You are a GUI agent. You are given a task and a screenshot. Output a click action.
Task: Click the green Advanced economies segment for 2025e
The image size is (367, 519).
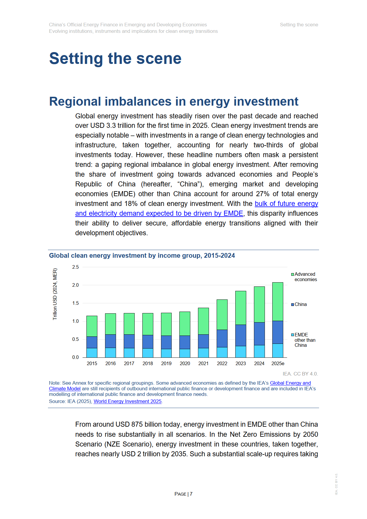pyautogui.click(x=278, y=302)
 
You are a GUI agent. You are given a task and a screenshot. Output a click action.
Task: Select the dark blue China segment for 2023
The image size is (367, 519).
pyautogui.click(x=241, y=335)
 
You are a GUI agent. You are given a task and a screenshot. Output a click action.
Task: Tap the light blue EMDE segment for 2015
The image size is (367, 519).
pyautogui.click(x=92, y=353)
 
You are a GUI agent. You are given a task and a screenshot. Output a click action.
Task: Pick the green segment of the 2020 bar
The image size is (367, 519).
pyautogui.click(x=185, y=323)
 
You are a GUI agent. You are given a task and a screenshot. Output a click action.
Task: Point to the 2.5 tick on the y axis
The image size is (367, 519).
pyautogui.click(x=75, y=267)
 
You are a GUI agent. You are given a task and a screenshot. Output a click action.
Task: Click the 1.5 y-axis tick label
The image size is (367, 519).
pyautogui.click(x=75, y=303)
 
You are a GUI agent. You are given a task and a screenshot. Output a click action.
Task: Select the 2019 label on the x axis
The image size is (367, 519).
pyautogui.click(x=166, y=363)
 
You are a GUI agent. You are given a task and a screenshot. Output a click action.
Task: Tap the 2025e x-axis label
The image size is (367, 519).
pyautogui.click(x=278, y=363)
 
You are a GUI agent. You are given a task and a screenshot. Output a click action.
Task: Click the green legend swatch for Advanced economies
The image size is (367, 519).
pyautogui.click(x=292, y=274)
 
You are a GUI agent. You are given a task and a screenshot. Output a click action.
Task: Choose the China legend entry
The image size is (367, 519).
pyautogui.click(x=299, y=304)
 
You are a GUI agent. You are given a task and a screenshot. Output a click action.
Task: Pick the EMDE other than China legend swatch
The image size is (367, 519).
pyautogui.click(x=292, y=335)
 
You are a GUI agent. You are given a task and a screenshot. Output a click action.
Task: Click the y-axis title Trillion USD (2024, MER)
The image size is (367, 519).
pyautogui.click(x=55, y=294)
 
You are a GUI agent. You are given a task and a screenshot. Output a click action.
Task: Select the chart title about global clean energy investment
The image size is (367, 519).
pyautogui.click(x=142, y=256)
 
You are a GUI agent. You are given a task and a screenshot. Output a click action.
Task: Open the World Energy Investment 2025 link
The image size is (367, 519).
pyautogui.click(x=128, y=401)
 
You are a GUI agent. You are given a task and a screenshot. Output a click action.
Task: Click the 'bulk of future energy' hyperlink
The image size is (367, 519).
pyautogui.click(x=286, y=204)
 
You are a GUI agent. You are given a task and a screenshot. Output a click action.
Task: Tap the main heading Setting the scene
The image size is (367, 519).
pyautogui.click(x=115, y=58)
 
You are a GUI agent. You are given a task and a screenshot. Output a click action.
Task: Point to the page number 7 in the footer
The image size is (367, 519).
pyautogui.click(x=191, y=494)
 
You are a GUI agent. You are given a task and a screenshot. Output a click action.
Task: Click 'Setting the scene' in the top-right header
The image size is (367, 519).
pyautogui.click(x=299, y=25)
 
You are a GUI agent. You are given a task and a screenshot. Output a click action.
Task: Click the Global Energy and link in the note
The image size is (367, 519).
pyautogui.click(x=290, y=383)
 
